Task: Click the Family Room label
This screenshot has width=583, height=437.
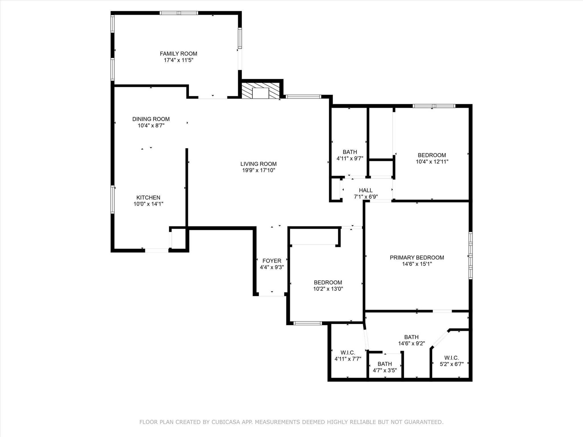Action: pyautogui.click(x=178, y=53)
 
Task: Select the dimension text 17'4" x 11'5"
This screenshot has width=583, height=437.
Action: pyautogui.click(x=178, y=60)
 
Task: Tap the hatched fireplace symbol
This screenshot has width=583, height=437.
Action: pyautogui.click(x=260, y=91)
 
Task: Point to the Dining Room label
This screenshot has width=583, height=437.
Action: pyautogui.click(x=151, y=119)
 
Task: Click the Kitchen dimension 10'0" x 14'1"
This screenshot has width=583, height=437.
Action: pyautogui.click(x=148, y=204)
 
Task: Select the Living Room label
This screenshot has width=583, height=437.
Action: pyautogui.click(x=258, y=164)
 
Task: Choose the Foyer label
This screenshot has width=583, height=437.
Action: pyautogui.click(x=272, y=261)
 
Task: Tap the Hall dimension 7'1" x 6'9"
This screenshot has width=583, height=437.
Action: pyautogui.click(x=366, y=197)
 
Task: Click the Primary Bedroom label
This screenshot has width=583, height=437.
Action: pyautogui.click(x=417, y=257)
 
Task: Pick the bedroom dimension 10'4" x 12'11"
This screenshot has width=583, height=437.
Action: pyautogui.click(x=432, y=162)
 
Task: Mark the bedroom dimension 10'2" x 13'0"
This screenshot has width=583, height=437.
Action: pyautogui.click(x=328, y=289)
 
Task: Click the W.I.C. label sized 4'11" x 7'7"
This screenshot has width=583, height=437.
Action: pyautogui.click(x=348, y=353)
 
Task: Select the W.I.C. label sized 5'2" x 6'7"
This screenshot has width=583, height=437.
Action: pyautogui.click(x=451, y=358)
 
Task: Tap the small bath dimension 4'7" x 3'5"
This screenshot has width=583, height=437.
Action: pyautogui.click(x=385, y=370)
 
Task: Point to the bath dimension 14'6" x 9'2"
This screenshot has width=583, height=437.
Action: pyautogui.click(x=411, y=343)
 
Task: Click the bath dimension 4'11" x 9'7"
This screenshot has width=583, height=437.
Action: pyautogui.click(x=350, y=158)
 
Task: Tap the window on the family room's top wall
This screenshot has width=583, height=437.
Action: pyautogui.click(x=179, y=13)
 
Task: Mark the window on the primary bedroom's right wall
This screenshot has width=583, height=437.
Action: pyautogui.click(x=470, y=255)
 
